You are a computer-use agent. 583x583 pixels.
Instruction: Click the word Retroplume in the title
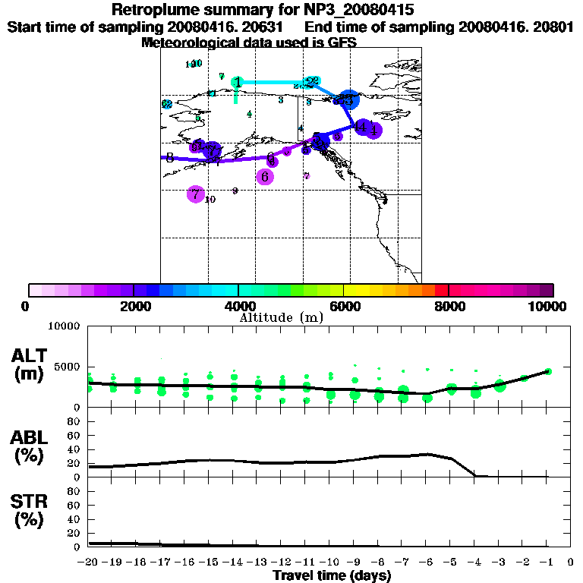(x=153, y=10)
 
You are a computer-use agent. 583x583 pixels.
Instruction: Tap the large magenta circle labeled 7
(x=196, y=194)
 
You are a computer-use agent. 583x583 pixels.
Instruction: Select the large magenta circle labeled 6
(x=265, y=176)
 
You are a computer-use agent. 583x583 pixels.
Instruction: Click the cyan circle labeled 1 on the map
(x=238, y=82)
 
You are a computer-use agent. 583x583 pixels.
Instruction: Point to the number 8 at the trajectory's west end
(x=169, y=158)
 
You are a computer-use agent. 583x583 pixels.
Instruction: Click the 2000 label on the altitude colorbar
(x=133, y=306)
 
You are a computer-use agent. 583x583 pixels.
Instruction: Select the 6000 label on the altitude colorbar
(x=344, y=306)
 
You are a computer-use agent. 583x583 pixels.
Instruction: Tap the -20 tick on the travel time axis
(x=89, y=562)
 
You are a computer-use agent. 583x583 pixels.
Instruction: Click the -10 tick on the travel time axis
(x=330, y=562)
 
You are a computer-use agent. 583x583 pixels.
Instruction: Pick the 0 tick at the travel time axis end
(x=571, y=562)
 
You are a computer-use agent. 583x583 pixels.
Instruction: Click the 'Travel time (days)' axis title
(x=332, y=575)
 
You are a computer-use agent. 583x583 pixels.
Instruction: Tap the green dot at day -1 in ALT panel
(x=548, y=371)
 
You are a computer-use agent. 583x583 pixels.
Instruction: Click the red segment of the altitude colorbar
(x=442, y=290)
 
